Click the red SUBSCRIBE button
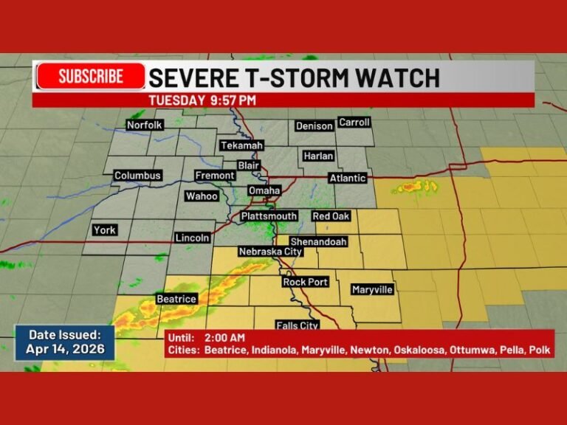click(91, 76)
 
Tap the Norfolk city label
click(144, 125)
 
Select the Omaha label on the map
click(264, 190)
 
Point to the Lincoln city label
click(192, 238)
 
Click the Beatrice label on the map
click(176, 299)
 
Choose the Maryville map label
click(372, 290)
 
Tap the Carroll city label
click(354, 122)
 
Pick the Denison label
click(315, 126)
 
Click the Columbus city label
click(137, 176)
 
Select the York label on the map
click(105, 230)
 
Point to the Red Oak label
click(331, 216)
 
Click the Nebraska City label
click(271, 252)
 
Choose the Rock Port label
click(305, 282)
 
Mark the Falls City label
click(297, 325)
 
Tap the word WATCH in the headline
click(400, 77)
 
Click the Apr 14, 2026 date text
click(65, 349)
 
